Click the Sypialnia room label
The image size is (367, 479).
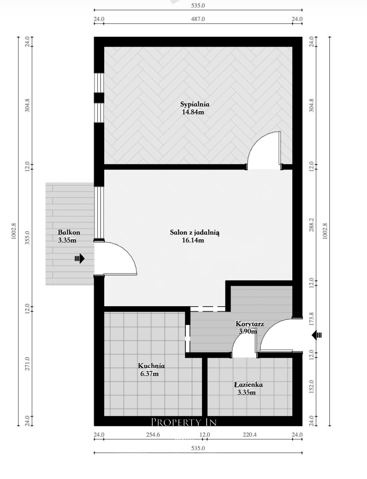pos(195,104)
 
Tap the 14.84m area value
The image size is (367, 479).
pos(193,112)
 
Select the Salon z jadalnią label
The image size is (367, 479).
pos(195,233)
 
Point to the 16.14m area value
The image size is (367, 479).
pos(193,240)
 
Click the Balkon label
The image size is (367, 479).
pos(69,232)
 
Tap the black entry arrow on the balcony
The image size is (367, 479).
pos(80,259)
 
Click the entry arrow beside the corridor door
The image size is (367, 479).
pos(317,335)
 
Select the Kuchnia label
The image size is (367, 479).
pos(151,366)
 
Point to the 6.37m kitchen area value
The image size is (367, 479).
pos(149,374)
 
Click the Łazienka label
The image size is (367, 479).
pos(248,384)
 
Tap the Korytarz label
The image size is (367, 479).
pos(249,324)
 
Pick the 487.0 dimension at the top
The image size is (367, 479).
pos(198,19)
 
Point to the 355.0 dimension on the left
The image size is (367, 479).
pos(27,238)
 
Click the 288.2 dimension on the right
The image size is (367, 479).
pos(312,225)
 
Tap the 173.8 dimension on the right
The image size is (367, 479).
pos(312,319)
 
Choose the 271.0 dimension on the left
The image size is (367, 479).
pos(27,364)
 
